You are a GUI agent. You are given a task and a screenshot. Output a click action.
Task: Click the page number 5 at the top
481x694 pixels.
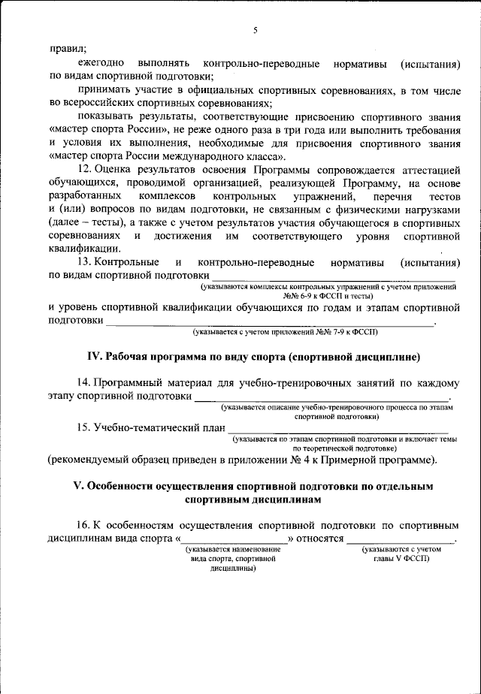pos(255,29)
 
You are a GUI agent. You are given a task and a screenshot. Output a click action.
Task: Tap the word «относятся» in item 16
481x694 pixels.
pos(319,539)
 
